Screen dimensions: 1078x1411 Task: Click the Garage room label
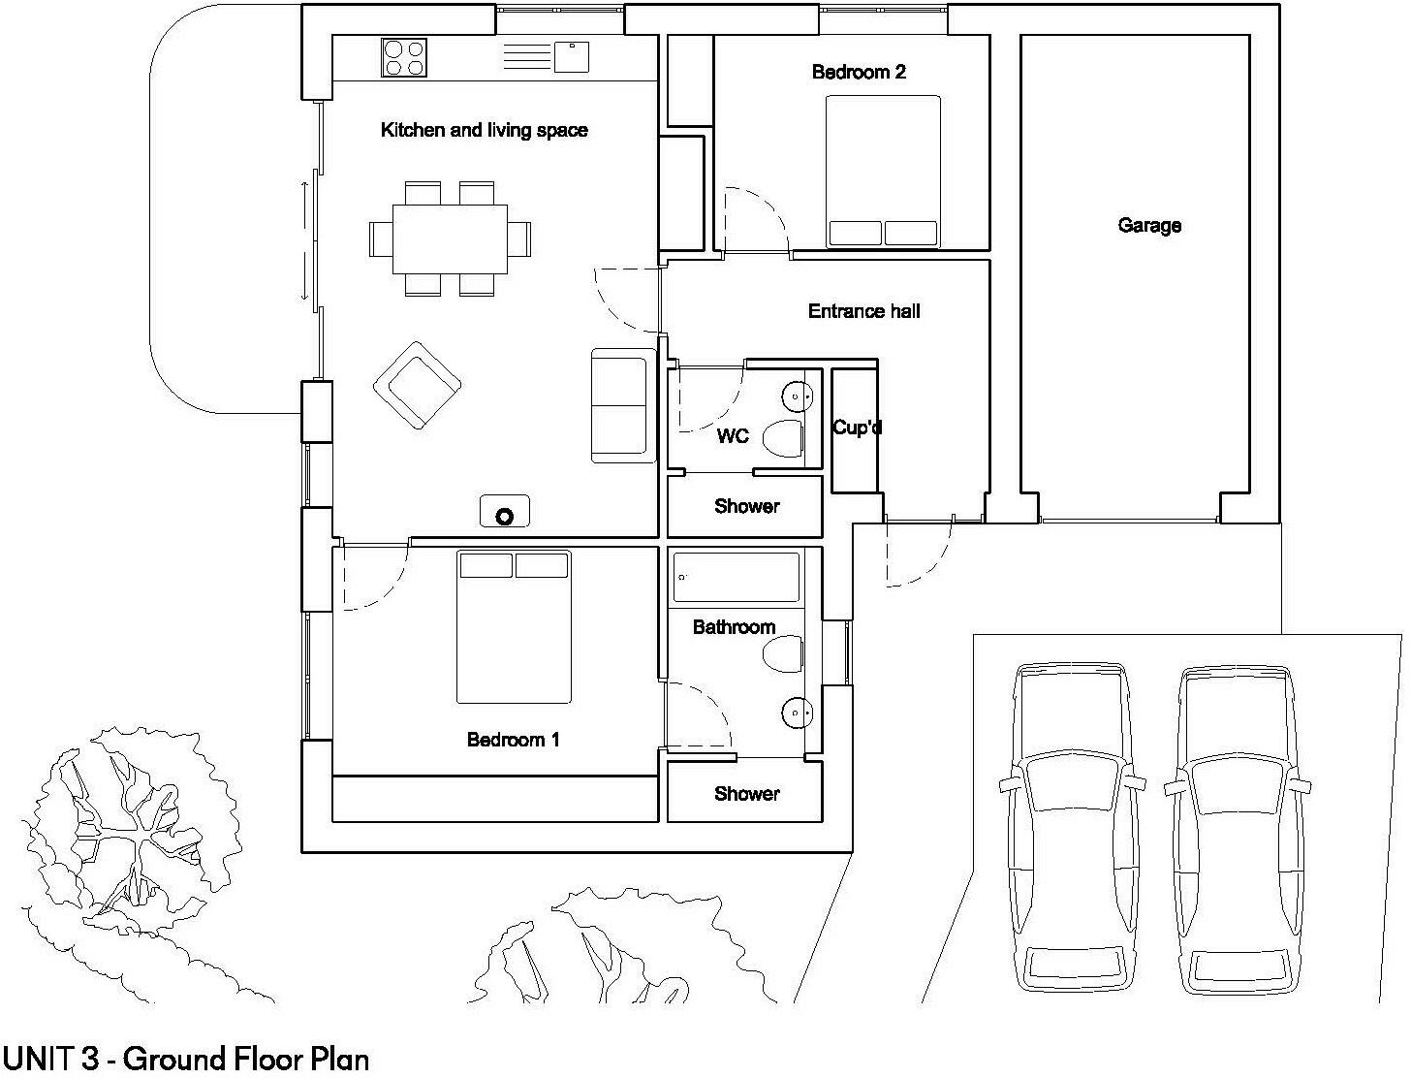(x=1149, y=226)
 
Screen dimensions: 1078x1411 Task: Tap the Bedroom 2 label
(x=859, y=72)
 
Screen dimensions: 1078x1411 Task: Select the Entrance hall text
(x=863, y=311)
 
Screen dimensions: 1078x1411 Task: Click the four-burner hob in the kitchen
(x=404, y=57)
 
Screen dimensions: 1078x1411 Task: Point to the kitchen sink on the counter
(x=572, y=56)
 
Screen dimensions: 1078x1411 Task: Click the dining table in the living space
(x=451, y=238)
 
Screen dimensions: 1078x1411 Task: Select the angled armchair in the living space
(x=417, y=385)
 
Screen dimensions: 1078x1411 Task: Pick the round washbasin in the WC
(x=796, y=396)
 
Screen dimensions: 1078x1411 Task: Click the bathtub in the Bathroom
(x=737, y=578)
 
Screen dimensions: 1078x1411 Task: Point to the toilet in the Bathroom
(x=783, y=654)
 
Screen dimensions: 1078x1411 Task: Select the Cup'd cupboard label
(x=857, y=428)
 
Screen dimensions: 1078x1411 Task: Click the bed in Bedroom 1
(x=514, y=627)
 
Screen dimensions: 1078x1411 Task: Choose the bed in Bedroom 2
(x=883, y=172)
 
